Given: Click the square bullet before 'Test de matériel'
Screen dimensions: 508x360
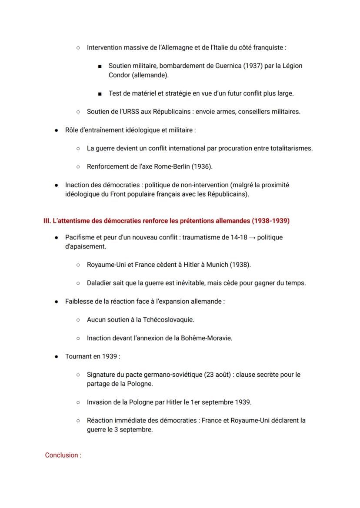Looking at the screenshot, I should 100,93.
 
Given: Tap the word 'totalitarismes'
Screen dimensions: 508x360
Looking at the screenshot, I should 291,148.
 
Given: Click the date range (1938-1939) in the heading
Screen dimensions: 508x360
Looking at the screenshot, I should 270,221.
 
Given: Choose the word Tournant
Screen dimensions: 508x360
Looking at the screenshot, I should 79,356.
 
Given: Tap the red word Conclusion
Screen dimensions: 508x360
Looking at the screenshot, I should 61,455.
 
